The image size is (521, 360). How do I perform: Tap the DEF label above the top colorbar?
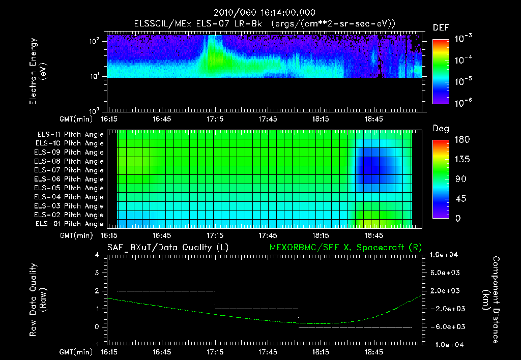pos(441,27)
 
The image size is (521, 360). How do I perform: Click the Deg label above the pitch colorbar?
pos(441,129)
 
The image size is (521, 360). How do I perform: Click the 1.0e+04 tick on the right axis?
pos(445,255)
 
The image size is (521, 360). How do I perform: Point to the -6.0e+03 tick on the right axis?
pos(445,326)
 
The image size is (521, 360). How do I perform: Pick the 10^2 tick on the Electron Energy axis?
pos(96,42)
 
